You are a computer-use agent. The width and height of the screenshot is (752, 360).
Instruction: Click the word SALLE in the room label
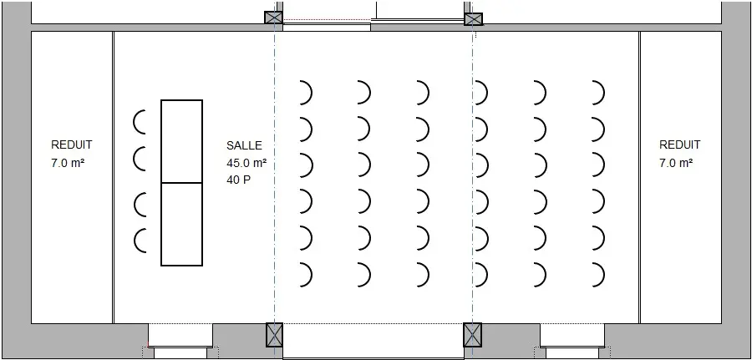244,145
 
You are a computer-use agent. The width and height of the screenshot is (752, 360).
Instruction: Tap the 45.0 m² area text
246,163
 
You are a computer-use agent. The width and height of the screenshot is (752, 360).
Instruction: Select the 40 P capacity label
239,180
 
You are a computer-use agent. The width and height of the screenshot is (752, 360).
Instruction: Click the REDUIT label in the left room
72,145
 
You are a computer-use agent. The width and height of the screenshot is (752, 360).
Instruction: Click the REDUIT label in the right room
679,145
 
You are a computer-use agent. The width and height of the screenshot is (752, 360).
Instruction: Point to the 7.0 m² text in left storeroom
68,163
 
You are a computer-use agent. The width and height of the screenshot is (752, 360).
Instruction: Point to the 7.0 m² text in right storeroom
676,163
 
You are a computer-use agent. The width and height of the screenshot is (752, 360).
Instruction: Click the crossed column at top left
273,18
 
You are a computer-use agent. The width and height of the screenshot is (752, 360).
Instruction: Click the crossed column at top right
474,19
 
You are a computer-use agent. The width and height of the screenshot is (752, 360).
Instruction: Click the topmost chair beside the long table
135,122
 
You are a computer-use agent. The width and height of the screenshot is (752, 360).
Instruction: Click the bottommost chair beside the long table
135,241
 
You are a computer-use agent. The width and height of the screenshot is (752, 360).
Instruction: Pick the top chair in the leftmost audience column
311,93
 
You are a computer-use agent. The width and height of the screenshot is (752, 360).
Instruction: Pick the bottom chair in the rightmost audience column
602,275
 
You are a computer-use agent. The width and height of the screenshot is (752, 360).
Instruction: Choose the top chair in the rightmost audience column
602,93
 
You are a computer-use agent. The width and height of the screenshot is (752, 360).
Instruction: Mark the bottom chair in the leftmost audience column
311,275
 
